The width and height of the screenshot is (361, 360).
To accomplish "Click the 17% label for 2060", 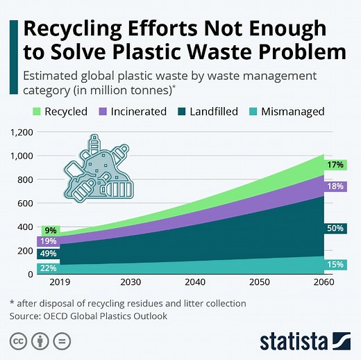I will [336, 165].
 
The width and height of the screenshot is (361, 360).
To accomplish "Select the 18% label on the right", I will [336, 186].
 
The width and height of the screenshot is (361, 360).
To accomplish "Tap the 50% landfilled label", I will [336, 229].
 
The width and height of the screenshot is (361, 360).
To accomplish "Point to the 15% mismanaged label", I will [336, 264].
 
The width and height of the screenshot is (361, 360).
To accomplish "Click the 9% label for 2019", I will [50, 231].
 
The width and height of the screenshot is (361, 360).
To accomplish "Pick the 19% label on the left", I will [49, 242].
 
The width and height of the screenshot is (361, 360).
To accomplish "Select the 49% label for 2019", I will [49, 254].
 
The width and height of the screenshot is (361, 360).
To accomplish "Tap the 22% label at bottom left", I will [49, 268].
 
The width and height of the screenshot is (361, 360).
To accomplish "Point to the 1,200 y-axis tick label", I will [22, 132].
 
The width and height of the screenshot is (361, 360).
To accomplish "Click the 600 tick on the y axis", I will [26, 203].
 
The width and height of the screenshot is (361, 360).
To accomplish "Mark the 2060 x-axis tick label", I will [323, 284].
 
